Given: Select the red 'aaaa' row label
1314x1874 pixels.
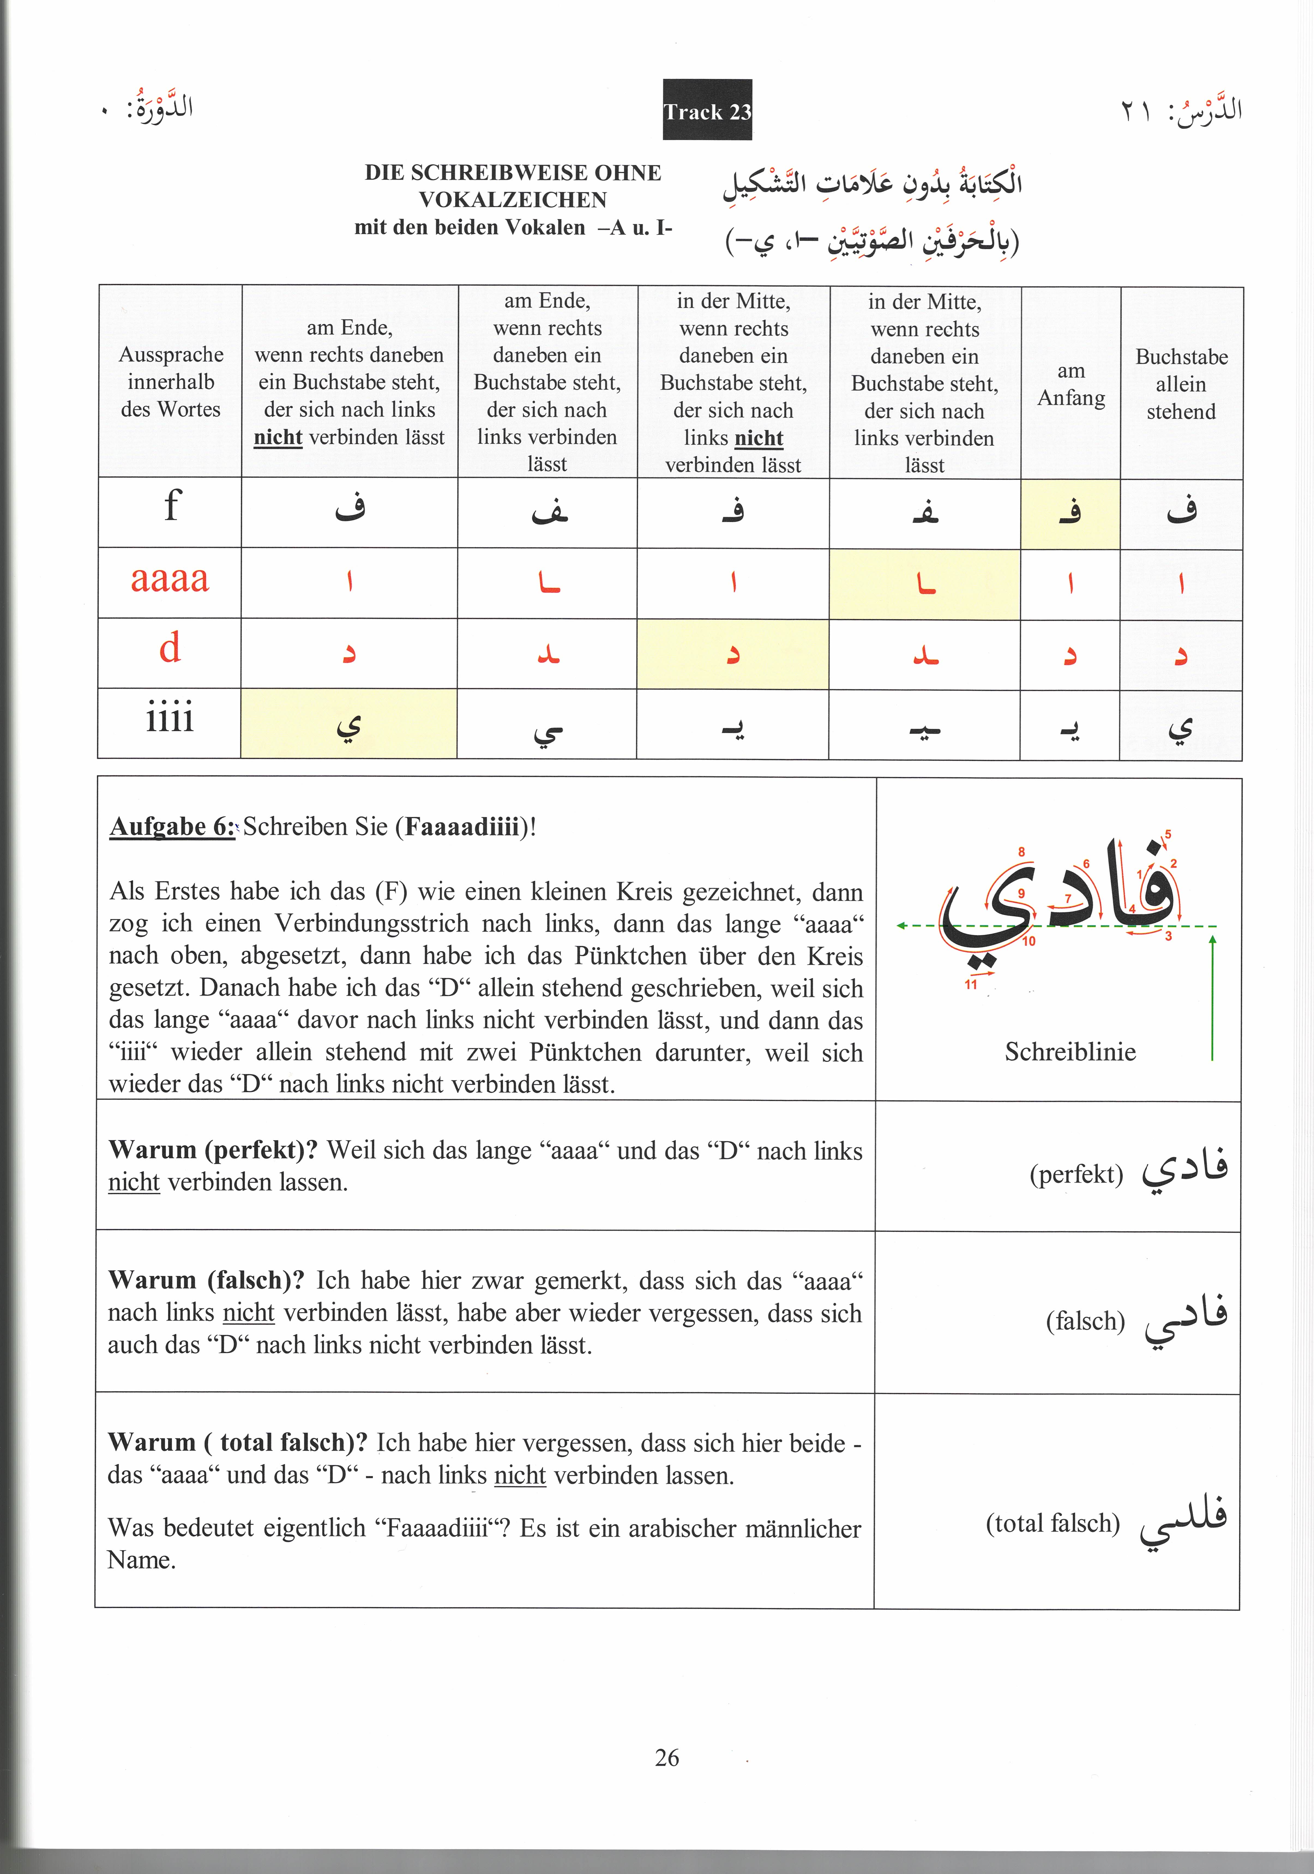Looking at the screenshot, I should (170, 579).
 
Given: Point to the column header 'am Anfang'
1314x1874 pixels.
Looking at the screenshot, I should (1071, 384).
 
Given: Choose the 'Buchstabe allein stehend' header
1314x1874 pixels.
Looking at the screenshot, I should (1181, 384).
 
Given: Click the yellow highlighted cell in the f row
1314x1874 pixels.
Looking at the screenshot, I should (1070, 513).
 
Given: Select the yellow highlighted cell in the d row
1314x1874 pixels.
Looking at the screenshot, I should (733, 654).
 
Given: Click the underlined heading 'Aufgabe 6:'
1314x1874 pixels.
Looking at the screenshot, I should (172, 827).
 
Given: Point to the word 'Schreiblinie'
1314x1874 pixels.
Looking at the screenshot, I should (1070, 1051).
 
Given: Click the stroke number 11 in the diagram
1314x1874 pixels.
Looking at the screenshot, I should (970, 984).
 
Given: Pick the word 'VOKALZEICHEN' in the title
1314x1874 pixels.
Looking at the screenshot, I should (513, 200).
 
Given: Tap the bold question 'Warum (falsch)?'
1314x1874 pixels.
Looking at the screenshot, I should (206, 1280).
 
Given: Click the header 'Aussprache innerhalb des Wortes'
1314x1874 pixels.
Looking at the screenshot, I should (171, 381).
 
